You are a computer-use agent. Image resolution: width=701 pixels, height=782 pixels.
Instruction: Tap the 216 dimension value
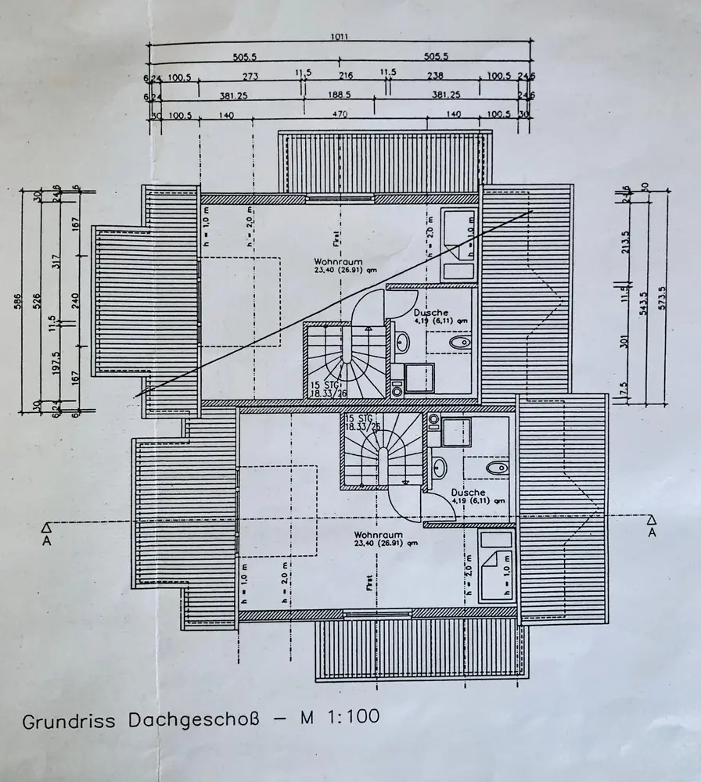(x=345, y=76)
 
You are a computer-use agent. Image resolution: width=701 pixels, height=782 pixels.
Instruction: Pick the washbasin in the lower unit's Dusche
(x=439, y=468)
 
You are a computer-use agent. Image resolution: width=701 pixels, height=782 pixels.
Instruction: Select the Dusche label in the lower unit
(x=468, y=493)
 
